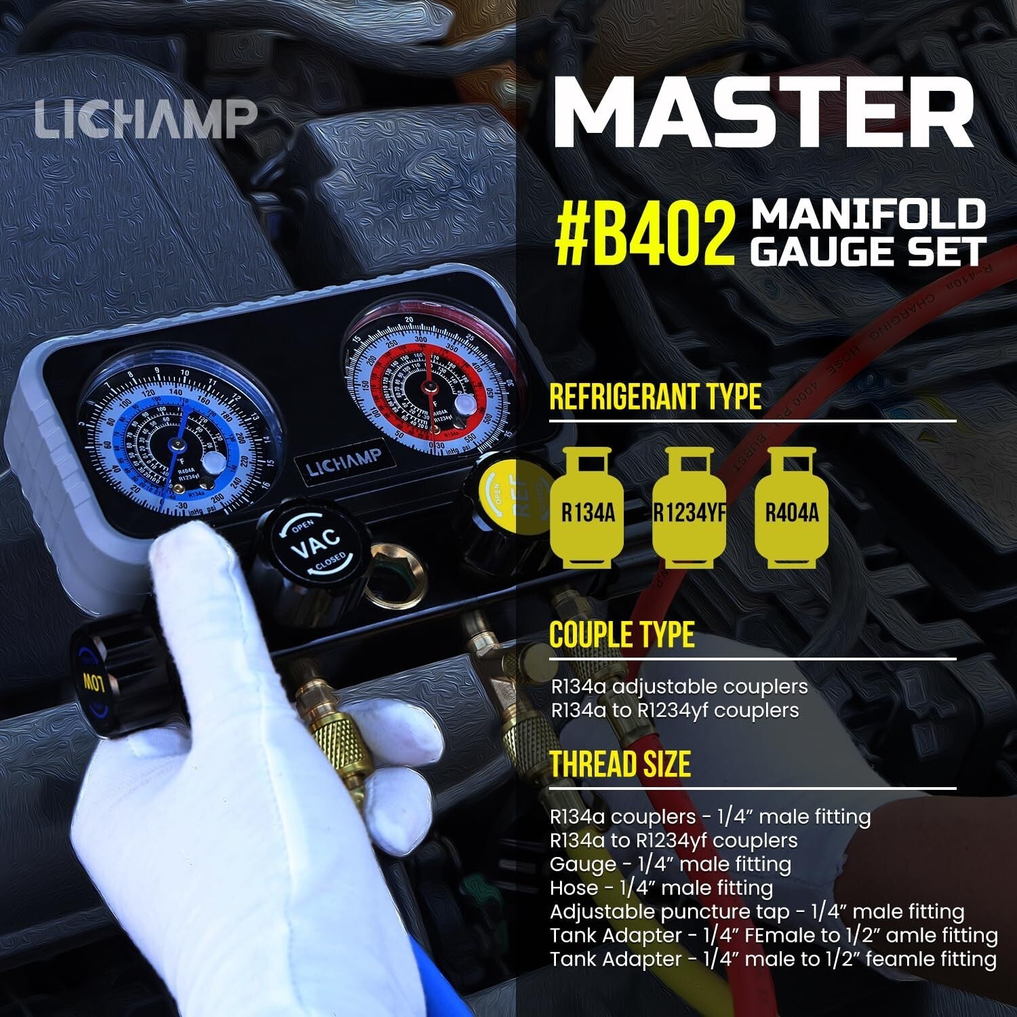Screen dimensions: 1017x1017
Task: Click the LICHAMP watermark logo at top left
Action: point(146,119)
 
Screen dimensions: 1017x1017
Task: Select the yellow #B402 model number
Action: point(644,235)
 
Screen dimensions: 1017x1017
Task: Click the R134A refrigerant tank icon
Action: point(587,509)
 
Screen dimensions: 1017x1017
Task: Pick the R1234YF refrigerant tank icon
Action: point(689,509)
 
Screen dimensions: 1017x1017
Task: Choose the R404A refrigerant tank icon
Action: point(791,509)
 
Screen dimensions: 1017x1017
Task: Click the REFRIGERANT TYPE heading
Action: point(655,397)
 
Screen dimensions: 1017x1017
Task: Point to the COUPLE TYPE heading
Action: point(622,635)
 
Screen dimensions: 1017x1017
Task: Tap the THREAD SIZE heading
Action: point(620,764)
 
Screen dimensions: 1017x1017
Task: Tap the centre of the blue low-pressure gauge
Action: point(177,444)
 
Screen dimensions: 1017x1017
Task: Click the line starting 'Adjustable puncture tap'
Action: point(757,912)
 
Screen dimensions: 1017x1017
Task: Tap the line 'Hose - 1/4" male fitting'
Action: point(661,888)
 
